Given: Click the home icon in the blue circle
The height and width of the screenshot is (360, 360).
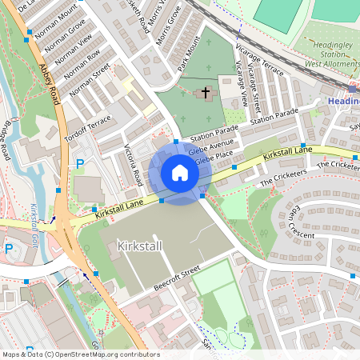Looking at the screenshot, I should tap(180, 173).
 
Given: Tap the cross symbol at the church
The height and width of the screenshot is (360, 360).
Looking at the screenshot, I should tap(205, 94).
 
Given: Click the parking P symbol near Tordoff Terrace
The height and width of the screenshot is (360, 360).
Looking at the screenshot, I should tap(79, 164).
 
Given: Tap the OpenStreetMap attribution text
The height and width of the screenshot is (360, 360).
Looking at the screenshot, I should tap(80, 354).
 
